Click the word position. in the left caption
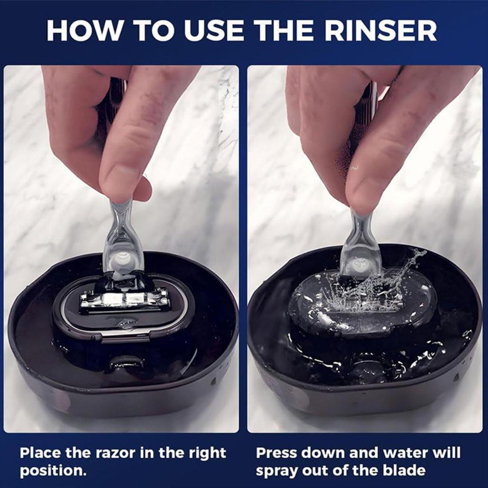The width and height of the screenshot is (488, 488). click(x=53, y=470)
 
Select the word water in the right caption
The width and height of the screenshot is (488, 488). click(x=398, y=452)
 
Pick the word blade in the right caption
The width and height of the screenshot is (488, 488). click(x=404, y=470)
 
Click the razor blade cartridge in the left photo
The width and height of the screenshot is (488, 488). click(x=125, y=300)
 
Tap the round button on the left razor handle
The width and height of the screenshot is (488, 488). click(x=123, y=261)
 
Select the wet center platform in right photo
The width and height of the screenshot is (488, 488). click(x=362, y=305)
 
